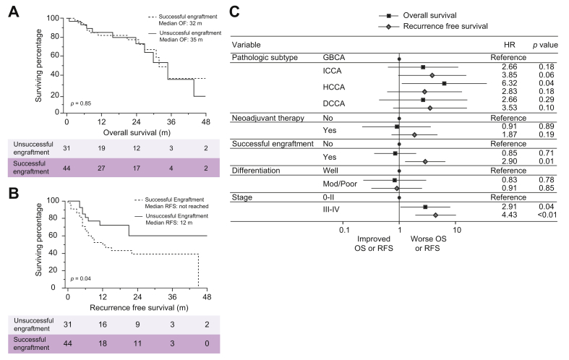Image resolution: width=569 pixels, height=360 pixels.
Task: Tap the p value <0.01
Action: coord(539,215)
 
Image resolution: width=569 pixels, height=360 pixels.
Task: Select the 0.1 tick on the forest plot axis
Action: coord(343,230)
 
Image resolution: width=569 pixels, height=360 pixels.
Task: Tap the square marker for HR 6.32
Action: coord(444,83)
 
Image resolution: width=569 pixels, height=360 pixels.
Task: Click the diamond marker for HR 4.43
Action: coord(435,215)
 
